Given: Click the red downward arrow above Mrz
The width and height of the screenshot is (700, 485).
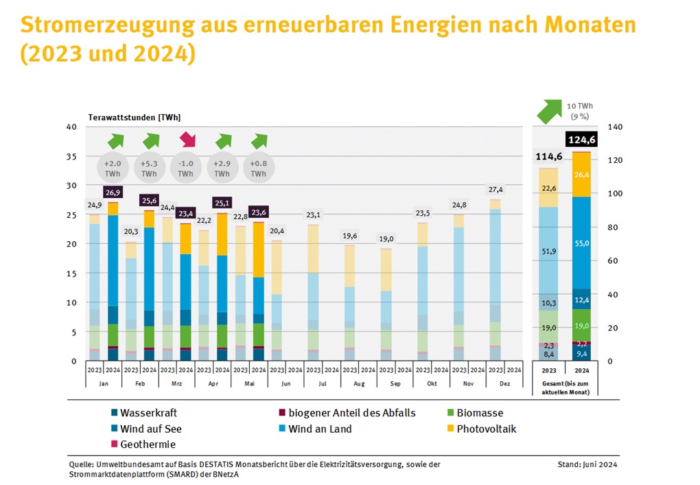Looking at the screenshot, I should [x=186, y=140].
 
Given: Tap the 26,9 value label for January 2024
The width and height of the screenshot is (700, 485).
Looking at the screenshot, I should [x=113, y=192].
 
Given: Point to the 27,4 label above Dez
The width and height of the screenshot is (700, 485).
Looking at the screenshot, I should [x=494, y=189].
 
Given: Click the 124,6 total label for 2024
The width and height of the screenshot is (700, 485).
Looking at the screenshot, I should [x=581, y=140].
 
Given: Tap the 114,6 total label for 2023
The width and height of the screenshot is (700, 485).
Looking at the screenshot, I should [x=548, y=156].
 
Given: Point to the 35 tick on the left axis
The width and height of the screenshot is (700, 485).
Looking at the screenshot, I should [x=72, y=157].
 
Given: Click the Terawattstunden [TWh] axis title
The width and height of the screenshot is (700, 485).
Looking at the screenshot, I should [x=135, y=117].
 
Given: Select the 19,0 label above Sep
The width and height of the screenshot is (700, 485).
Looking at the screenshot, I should [x=386, y=238].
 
